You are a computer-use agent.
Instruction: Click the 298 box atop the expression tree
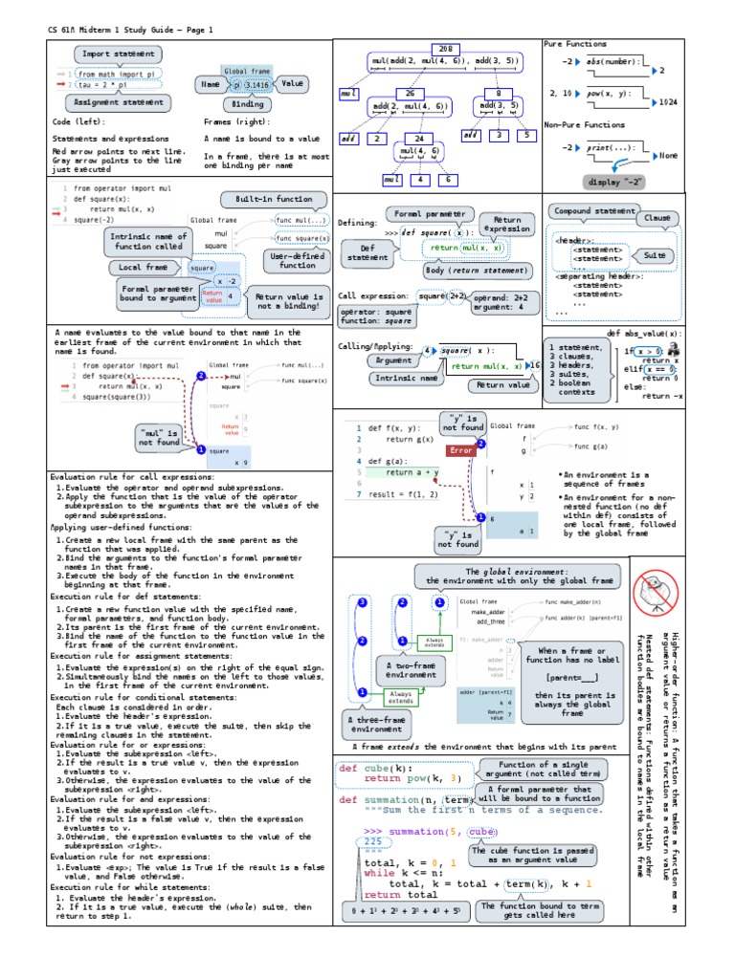tap(444, 48)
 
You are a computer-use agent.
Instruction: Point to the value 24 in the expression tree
tap(418, 139)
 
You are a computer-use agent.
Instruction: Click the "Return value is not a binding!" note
tap(285, 302)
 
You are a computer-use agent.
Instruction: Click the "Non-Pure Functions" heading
tap(585, 125)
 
